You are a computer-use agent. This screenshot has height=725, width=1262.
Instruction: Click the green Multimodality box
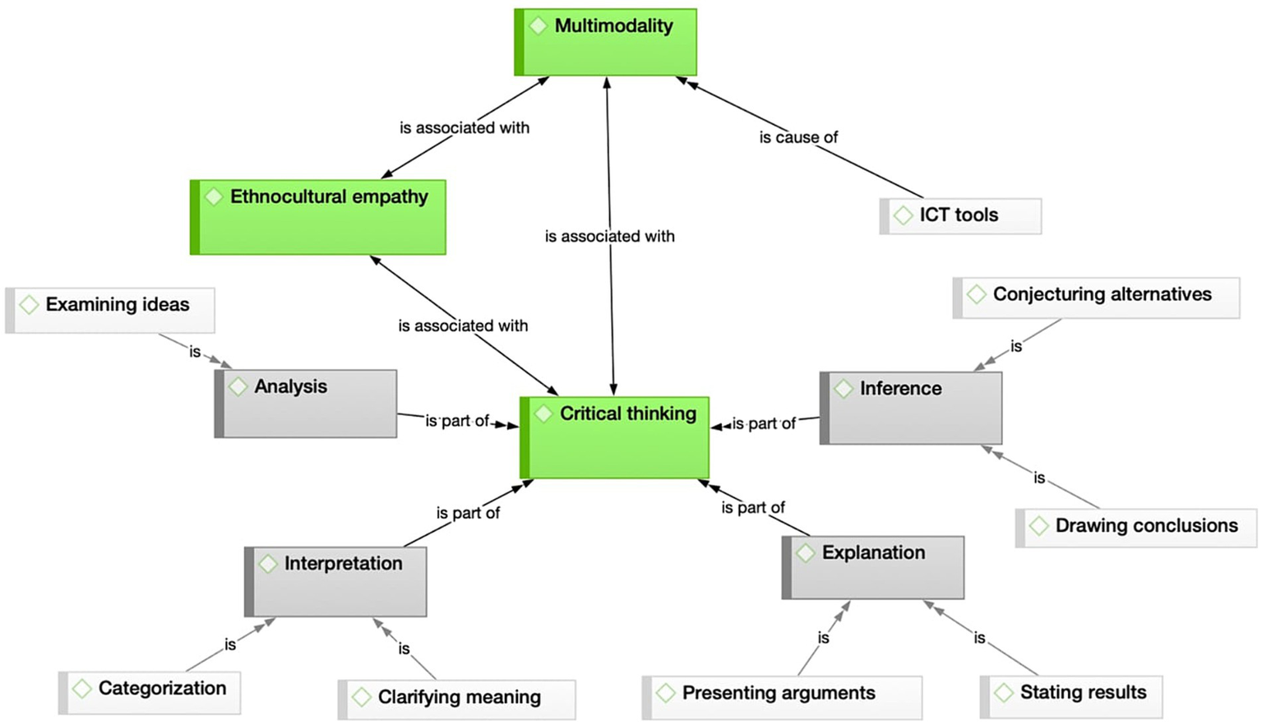point(606,43)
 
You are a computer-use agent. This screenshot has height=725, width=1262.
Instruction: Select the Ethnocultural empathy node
point(318,217)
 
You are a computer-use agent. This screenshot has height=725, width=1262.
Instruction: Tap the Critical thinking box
point(615,437)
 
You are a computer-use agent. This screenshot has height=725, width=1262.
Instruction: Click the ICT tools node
point(960,215)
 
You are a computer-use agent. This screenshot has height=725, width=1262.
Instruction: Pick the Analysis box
point(306,403)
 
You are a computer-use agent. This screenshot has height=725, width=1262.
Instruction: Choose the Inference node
point(911,408)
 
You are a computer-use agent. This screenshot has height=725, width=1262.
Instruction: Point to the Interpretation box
point(335,582)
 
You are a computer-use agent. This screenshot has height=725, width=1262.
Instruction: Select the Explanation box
point(873,567)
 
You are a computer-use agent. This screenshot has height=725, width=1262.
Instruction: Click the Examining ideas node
point(110,309)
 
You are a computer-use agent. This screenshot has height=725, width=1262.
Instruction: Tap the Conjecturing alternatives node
point(1096,297)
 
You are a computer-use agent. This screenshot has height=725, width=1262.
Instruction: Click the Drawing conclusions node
point(1136,527)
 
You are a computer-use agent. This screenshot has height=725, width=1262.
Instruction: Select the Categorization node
point(150,691)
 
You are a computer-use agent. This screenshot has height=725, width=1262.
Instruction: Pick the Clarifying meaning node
point(457,699)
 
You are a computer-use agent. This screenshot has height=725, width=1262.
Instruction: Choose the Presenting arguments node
point(782,696)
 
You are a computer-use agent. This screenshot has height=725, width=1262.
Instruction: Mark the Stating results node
point(1071,695)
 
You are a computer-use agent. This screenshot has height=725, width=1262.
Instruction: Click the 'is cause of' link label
point(798,137)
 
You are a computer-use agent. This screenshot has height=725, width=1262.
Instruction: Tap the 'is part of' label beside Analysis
point(457,421)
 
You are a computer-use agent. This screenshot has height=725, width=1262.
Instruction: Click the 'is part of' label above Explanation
point(753,507)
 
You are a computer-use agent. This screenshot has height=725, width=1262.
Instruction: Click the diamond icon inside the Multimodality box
point(539,25)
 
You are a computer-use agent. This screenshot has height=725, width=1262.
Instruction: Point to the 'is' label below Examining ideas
point(195,352)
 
